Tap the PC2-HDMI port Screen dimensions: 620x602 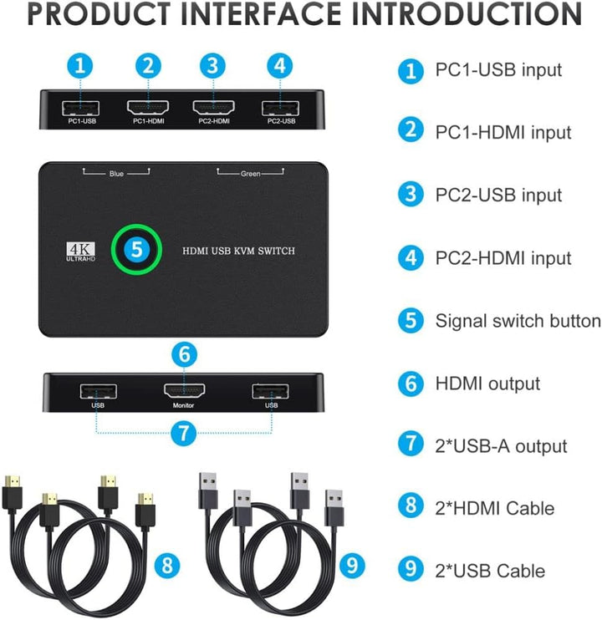[212, 108]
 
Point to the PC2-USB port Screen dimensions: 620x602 [280, 108]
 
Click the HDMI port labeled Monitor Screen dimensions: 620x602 [185, 390]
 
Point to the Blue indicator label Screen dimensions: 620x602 [116, 174]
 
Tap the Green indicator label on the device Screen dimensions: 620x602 [250, 174]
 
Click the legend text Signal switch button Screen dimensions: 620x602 [518, 321]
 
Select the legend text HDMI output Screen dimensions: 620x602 [487, 384]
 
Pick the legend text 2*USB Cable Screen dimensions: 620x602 [490, 572]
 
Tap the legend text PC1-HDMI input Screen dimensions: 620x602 [503, 132]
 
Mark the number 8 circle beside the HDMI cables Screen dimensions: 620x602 [167, 566]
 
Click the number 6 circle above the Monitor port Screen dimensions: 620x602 [185, 353]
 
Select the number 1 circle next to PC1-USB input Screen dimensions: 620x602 [410, 70]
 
